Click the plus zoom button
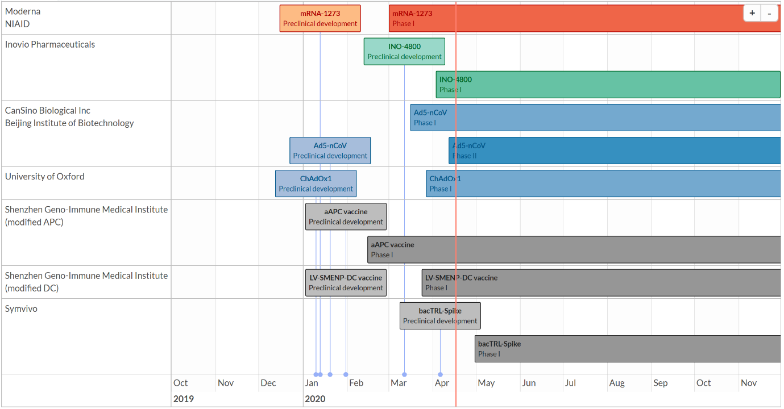(752, 13)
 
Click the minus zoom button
(769, 13)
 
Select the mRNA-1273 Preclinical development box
(320, 18)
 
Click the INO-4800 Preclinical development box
(404, 51)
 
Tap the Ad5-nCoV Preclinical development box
(330, 151)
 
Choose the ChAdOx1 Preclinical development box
(316, 183)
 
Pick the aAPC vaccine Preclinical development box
(346, 216)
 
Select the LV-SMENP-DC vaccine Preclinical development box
(346, 282)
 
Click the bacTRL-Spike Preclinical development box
(440, 316)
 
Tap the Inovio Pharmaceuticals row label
(50, 44)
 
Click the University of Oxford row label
(44, 177)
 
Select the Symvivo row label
(21, 309)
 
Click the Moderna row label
(23, 11)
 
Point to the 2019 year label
(184, 399)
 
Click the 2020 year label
(315, 399)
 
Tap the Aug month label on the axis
(617, 383)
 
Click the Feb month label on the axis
(356, 383)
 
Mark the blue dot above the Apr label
(440, 374)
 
